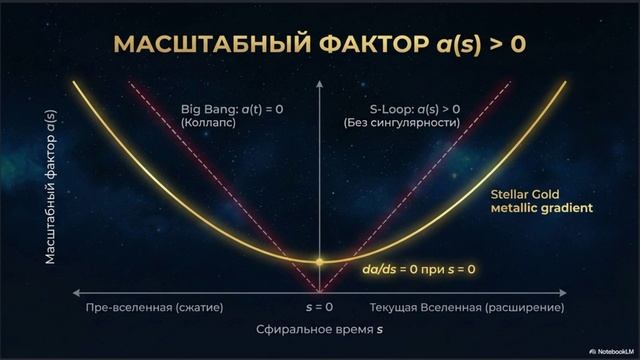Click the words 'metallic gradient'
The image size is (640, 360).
pyautogui.click(x=542, y=208)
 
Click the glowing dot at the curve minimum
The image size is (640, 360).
pyautogui.click(x=319, y=261)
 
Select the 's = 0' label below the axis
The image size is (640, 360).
pyautogui.click(x=319, y=307)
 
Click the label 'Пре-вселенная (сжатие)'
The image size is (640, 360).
pyautogui.click(x=155, y=307)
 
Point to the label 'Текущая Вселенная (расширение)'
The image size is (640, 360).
pyautogui.click(x=467, y=307)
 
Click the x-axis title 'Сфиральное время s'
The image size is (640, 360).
pyautogui.click(x=319, y=328)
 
